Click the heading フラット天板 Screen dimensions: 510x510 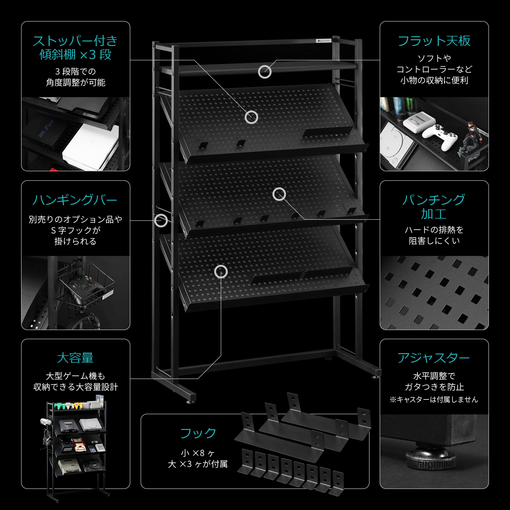click(x=434, y=41)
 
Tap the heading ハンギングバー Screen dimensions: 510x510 click(x=75, y=200)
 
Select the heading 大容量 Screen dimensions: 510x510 click(x=75, y=358)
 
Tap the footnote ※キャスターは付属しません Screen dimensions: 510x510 click(x=434, y=399)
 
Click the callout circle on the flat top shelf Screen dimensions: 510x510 click(x=265, y=72)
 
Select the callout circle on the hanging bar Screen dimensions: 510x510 click(x=161, y=220)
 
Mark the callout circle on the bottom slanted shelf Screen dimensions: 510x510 click(x=221, y=272)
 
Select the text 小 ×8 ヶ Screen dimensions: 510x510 click(x=198, y=453)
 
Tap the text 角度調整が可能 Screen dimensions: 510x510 click(x=76, y=83)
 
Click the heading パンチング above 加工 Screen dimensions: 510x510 click(x=434, y=200)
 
